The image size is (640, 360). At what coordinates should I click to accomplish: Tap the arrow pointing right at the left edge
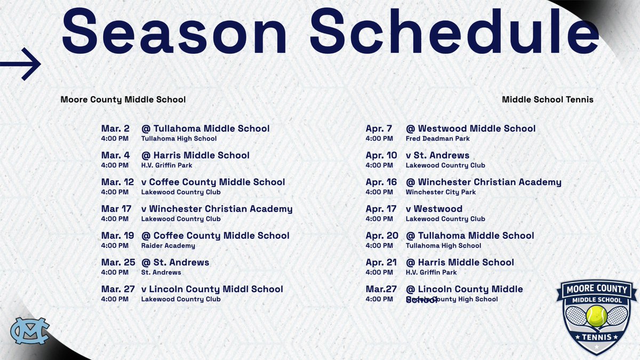21,64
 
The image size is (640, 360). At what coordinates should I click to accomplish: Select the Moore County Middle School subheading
123,100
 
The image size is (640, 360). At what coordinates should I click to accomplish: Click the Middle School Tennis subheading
547,100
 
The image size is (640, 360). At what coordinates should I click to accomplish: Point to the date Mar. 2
115,129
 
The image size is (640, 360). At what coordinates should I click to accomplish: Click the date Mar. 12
118,182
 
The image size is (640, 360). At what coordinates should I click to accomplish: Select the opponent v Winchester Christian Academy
217,209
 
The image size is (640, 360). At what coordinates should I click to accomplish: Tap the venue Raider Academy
168,246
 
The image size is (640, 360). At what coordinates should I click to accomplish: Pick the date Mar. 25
118,262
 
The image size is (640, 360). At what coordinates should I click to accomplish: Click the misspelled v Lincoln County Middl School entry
212,289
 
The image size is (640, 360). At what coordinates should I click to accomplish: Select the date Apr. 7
379,129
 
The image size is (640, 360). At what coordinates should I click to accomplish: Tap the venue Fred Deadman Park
437,139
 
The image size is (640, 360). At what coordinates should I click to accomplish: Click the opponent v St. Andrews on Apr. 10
437,156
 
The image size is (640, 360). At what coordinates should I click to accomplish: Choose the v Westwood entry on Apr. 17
434,209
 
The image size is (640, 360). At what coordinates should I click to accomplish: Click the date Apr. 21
381,262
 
